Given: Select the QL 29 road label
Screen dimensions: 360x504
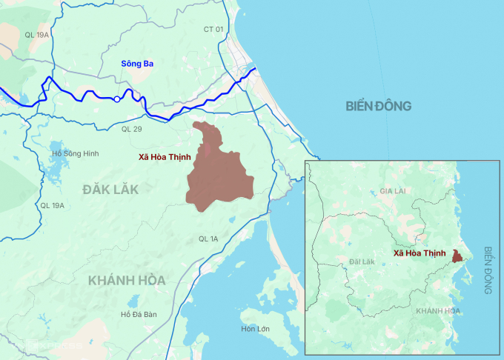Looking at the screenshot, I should pos(131,129).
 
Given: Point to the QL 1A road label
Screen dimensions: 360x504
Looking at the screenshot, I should pos(208,239).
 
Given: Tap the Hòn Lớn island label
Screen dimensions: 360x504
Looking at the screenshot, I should pos(256,328).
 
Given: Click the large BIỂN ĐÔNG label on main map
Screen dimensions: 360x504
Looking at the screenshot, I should pos(378,107).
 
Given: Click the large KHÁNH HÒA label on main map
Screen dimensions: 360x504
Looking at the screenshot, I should pos(126,280).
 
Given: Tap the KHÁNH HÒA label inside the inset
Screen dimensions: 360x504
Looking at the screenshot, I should pos(437,310).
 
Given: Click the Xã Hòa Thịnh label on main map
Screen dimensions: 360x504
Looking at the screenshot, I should pos(164,157).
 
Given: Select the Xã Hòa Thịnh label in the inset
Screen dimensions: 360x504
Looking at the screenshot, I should pos(420,253).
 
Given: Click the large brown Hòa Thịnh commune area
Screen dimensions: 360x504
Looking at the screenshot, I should pos(219,170).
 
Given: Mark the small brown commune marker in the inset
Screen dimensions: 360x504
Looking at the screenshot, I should pos(458,256).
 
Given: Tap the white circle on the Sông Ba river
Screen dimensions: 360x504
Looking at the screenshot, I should pos(116,99).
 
